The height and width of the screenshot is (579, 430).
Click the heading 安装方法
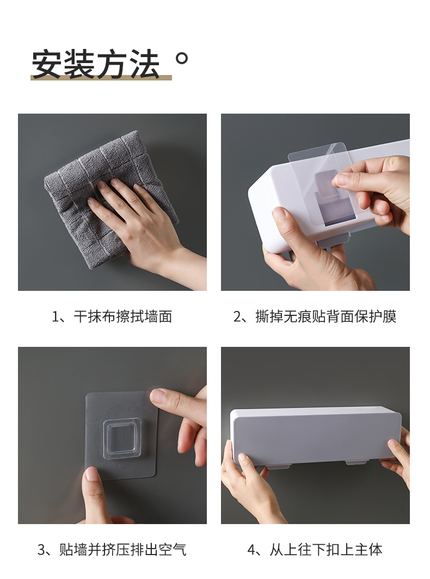click(96, 64)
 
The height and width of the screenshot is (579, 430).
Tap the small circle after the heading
click(182, 58)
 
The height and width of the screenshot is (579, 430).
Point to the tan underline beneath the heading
click(101, 78)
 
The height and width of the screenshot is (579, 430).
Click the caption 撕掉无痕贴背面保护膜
click(326, 316)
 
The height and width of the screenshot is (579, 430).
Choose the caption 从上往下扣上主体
click(326, 550)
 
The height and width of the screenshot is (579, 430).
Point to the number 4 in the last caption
click(251, 550)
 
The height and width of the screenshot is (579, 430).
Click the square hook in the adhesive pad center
click(122, 437)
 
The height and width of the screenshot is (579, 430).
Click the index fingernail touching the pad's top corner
click(158, 396)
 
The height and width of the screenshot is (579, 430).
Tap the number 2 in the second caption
click(237, 316)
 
